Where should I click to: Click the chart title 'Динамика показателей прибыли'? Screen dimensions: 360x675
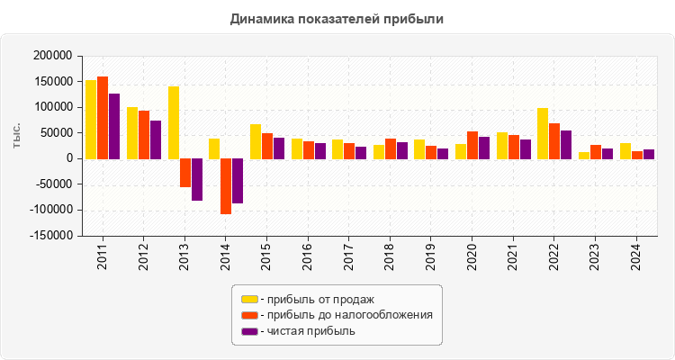pyautogui.click(x=337, y=18)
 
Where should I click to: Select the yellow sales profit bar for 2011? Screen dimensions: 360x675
pyautogui.click(x=91, y=120)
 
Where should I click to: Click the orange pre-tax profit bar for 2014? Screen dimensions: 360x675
pyautogui.click(x=226, y=186)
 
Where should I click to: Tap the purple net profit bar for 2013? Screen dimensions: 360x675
pyautogui.click(x=196, y=179)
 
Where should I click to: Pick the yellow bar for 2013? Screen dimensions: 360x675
pyautogui.click(x=174, y=122)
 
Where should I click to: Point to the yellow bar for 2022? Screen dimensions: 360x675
pyautogui.click(x=543, y=133)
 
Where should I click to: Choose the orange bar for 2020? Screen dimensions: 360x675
pyautogui.click(x=472, y=145)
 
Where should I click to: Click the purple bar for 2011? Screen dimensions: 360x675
pyautogui.click(x=114, y=126)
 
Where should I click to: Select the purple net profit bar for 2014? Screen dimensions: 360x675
pyautogui.click(x=238, y=181)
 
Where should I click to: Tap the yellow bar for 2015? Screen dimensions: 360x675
pyautogui.click(x=256, y=141)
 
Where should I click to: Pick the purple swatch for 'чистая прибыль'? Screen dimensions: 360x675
pyautogui.click(x=249, y=331)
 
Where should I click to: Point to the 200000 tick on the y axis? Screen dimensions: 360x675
pyautogui.click(x=50, y=56)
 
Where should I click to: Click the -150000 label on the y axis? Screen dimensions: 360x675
pyautogui.click(x=48, y=237)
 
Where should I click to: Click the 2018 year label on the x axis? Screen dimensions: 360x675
pyautogui.click(x=390, y=256)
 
